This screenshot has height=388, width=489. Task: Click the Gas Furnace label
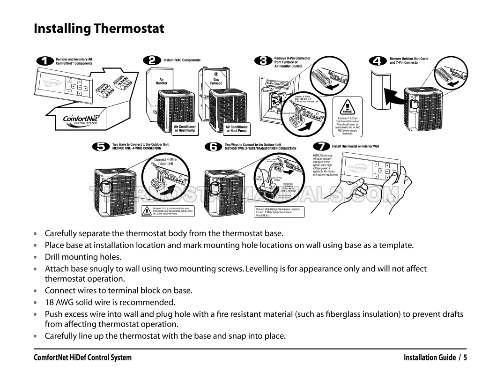coord(216,82)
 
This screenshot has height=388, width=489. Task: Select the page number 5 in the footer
coord(465,358)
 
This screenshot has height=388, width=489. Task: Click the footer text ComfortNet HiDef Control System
coord(82,358)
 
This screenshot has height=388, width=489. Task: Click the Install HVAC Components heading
coord(182,60)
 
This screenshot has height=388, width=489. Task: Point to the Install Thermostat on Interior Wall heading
coord(356,146)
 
